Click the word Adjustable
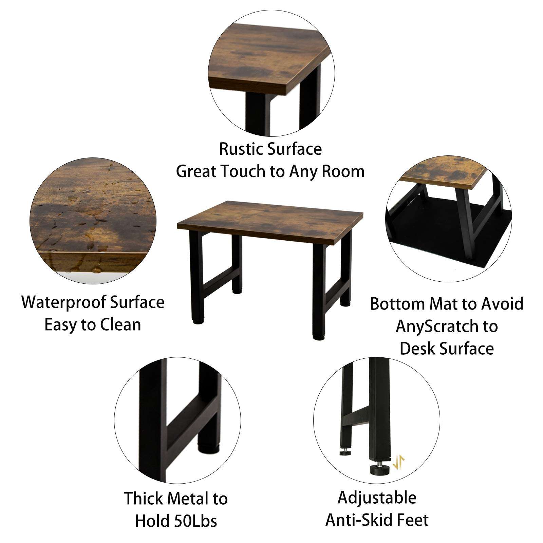(x=377, y=498)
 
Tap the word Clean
(x=121, y=325)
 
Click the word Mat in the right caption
(x=444, y=304)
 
